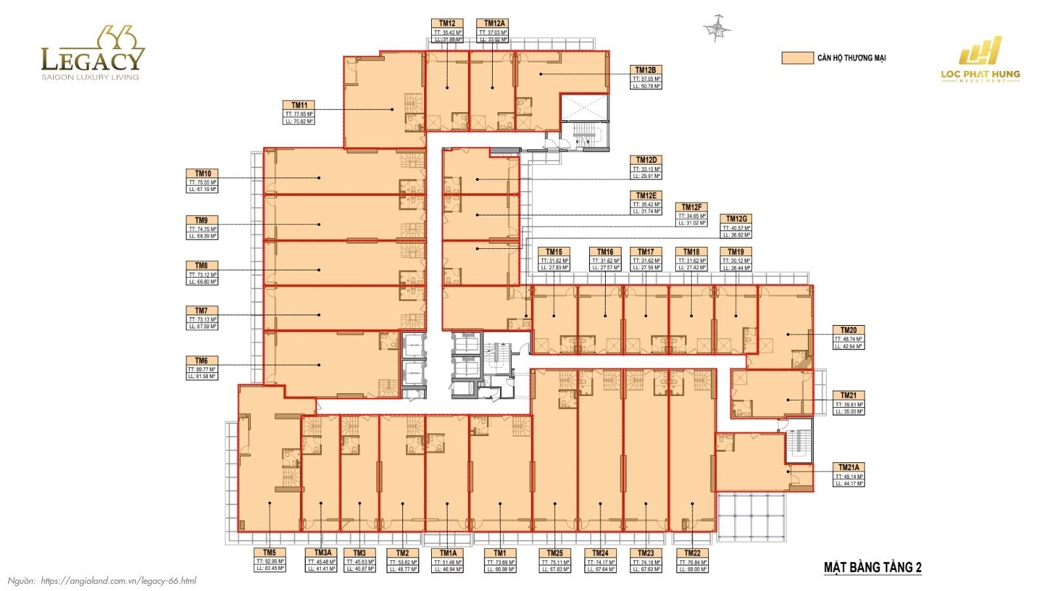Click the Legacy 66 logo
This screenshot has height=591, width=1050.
pos(92,54)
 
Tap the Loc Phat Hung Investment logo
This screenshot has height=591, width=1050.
pos(980,60)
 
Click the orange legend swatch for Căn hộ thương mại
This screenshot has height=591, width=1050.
pos(797,58)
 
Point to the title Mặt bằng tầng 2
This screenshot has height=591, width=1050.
pos(872,567)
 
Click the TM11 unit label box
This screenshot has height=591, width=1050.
pos(299,113)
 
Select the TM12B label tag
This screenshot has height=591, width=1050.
pos(646,77)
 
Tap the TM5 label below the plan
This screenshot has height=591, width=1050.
pos(270,561)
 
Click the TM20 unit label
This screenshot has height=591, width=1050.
pos(849,338)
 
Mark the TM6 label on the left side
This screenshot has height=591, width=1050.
pos(201,368)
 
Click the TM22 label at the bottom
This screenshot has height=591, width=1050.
pos(692,561)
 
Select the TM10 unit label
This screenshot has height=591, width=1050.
pos(203,181)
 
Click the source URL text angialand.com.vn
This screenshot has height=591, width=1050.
pos(118,580)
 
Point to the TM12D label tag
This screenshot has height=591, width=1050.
pos(646,167)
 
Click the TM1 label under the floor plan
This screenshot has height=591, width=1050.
pos(500,561)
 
